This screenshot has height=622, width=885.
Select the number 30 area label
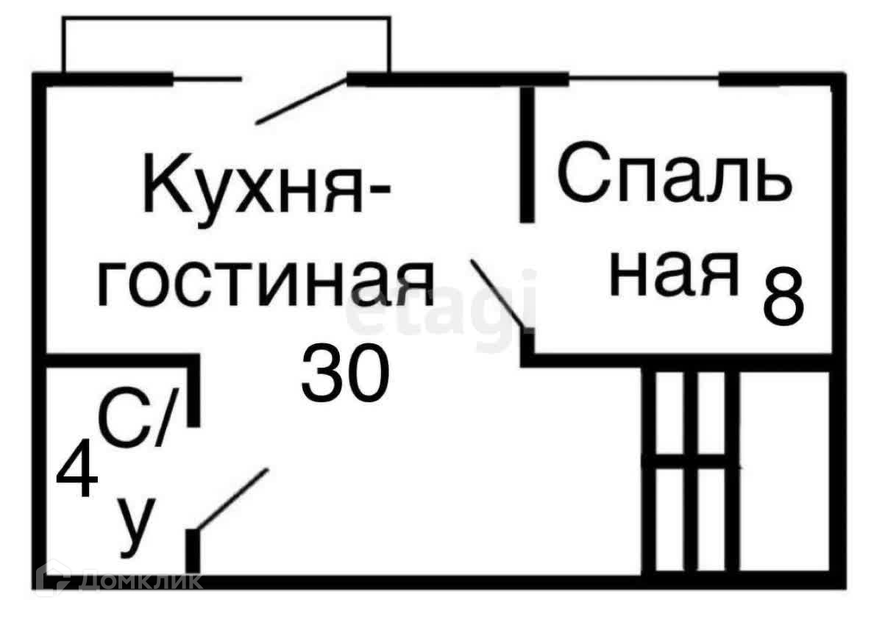(x=345, y=373)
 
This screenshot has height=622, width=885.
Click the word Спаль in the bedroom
(x=675, y=174)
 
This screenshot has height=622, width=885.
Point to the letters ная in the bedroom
(x=674, y=274)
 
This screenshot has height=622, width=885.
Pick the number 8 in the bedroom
(x=784, y=296)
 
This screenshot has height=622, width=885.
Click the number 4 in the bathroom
(x=77, y=469)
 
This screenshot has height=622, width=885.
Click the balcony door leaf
(x=302, y=101)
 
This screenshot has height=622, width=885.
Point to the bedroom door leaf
(x=497, y=294)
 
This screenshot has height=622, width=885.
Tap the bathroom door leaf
(x=232, y=499)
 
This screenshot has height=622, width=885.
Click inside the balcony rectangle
(x=226, y=46)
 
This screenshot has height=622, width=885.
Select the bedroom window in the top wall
(x=644, y=80)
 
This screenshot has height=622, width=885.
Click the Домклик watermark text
(x=141, y=581)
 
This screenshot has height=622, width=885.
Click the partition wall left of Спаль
(x=527, y=155)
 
